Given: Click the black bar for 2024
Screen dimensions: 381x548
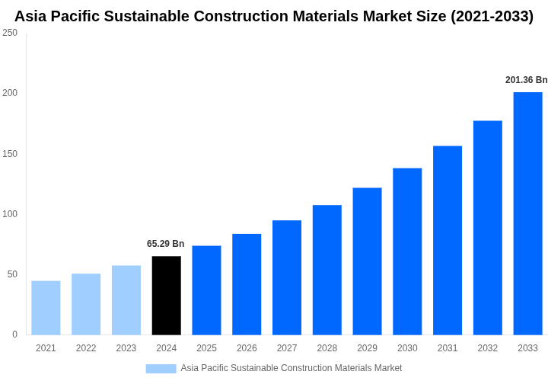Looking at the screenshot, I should pos(166,296).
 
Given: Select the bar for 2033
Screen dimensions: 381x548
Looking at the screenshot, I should pos(527,213).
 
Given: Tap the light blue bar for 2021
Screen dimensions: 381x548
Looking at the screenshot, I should pos(46,308).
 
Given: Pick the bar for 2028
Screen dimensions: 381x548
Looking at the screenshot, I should pos(327,270).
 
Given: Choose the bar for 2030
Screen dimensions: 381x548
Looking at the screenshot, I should pos(407,251).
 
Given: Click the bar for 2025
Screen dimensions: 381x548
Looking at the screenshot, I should pos(206,290).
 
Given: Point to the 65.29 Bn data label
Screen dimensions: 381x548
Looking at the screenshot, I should pos(165,244).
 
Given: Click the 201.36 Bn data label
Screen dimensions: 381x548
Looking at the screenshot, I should pos(526,80).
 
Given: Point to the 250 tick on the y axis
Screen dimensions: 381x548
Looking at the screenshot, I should pos(10,33).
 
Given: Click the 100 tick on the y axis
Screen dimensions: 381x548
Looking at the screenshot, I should pos(10,214).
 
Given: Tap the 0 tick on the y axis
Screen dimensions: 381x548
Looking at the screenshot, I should pos(14,335).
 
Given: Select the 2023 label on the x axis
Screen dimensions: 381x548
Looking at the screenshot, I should pos(126,348).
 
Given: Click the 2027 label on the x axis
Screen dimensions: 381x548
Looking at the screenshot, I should pos(287,348).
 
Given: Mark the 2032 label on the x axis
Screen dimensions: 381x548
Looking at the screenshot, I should pos(488,348).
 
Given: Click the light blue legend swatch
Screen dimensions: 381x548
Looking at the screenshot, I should pos(161,369).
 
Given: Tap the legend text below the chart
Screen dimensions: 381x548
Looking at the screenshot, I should pos(291,368).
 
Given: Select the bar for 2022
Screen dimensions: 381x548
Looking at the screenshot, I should pos(86,304).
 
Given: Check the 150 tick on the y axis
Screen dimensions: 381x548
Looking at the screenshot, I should pos(10,154).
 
